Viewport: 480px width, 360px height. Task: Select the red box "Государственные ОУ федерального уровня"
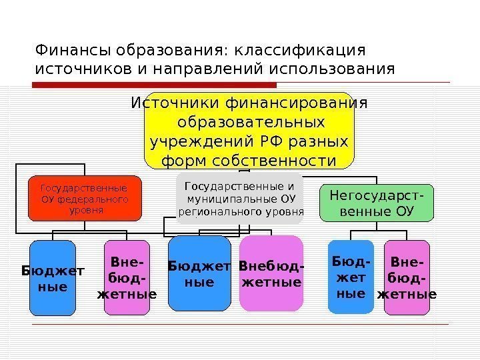[x=85, y=198]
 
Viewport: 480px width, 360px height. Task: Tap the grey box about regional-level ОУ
[x=240, y=198]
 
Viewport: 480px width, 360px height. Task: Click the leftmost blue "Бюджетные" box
[x=53, y=277]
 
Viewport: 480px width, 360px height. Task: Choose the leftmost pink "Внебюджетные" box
[x=127, y=277]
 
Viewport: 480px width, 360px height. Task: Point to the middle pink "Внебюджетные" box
[x=271, y=274]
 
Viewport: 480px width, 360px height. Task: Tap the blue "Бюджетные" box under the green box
[x=351, y=276]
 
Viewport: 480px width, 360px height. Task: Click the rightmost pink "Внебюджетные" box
[x=407, y=276]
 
